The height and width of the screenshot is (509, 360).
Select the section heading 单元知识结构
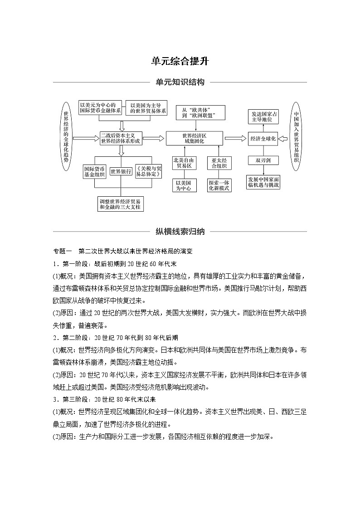tap(180, 82)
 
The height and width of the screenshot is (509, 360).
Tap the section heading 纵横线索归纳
tap(180, 232)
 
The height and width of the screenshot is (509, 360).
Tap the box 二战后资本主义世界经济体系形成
tap(121, 138)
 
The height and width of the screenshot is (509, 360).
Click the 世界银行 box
tap(121, 171)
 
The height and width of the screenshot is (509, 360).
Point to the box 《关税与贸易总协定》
tap(149, 171)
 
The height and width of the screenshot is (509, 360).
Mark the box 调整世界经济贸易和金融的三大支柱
tap(121, 204)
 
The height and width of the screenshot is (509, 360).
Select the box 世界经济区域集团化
tap(194, 138)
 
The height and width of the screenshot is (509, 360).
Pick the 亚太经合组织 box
tap(220, 163)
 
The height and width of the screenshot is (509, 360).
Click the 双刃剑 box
tap(263, 160)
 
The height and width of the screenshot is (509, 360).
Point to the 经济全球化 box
tap(263, 139)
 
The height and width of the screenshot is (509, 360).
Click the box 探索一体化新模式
tap(220, 185)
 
